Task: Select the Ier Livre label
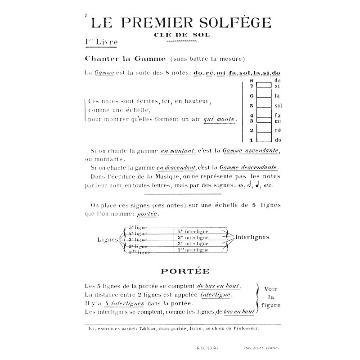click(101, 43)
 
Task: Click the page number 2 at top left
click(85, 16)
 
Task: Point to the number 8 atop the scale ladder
click(252, 80)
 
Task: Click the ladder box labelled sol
click(264, 106)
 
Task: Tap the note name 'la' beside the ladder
click(277, 96)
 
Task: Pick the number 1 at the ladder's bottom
click(252, 140)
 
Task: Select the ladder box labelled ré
click(264, 130)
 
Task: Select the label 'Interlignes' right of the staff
click(252, 237)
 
